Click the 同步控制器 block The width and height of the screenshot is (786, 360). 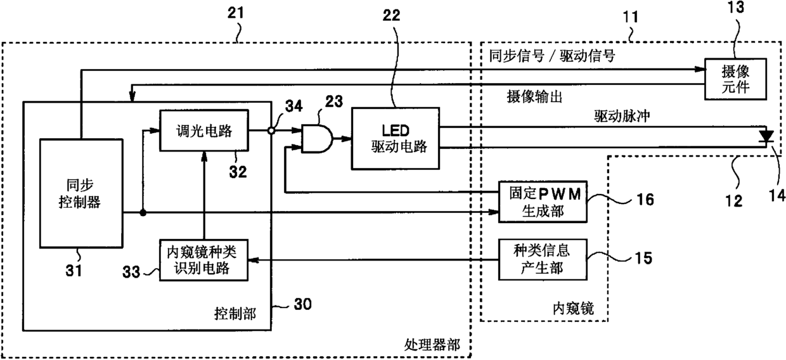pyautogui.click(x=81, y=193)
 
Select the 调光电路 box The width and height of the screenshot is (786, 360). pyautogui.click(x=204, y=131)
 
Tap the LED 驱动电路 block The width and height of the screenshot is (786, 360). pyautogui.click(x=396, y=139)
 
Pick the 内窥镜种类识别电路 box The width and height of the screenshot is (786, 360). pyautogui.click(x=204, y=260)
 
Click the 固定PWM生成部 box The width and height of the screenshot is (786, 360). pyautogui.click(x=543, y=202)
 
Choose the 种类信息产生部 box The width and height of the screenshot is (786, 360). pyautogui.click(x=543, y=260)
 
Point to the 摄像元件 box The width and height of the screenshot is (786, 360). pyautogui.click(x=735, y=79)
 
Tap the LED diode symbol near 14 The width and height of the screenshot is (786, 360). pyautogui.click(x=766, y=137)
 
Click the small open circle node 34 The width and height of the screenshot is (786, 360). pyautogui.click(x=271, y=131)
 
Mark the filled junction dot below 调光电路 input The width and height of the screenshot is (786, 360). pyautogui.click(x=143, y=212)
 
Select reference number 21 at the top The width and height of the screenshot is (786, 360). pyautogui.click(x=235, y=13)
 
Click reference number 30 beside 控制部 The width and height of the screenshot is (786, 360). pyautogui.click(x=302, y=304)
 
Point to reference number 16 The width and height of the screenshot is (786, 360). pyautogui.click(x=645, y=200)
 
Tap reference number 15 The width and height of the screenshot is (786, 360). pyautogui.click(x=644, y=258)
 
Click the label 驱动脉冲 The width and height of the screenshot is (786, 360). pyautogui.click(x=622, y=116)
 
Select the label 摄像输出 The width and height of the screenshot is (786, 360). pyautogui.click(x=534, y=96)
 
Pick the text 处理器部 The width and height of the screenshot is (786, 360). pyautogui.click(x=432, y=345)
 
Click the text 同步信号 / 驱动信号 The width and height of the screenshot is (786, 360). pyautogui.click(x=552, y=55)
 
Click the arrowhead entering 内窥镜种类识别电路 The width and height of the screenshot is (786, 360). pyautogui.click(x=254, y=260)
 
